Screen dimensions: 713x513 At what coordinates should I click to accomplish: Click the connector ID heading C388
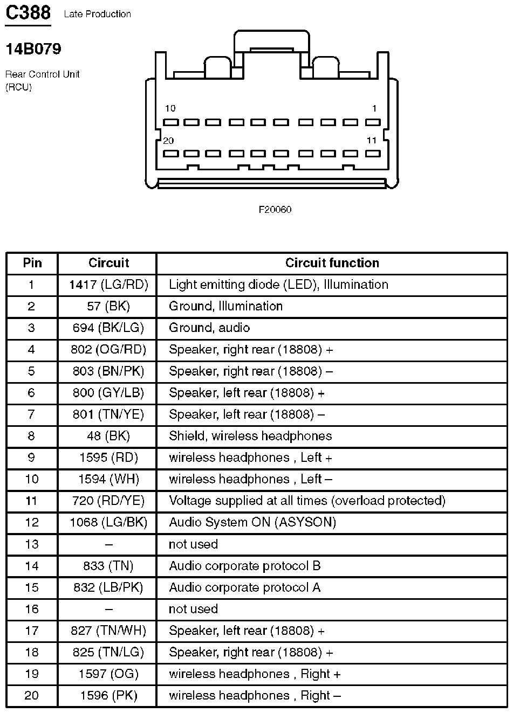pyautogui.click(x=28, y=12)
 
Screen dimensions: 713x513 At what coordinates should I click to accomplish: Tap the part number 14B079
pyautogui.click(x=33, y=49)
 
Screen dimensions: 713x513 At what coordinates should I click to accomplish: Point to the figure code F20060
pyautogui.click(x=275, y=209)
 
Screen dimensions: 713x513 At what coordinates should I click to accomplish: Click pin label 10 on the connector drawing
pyautogui.click(x=170, y=108)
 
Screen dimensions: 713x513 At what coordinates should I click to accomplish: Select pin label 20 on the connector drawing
pyautogui.click(x=168, y=141)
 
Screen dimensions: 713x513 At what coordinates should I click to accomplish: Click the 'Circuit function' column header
pyautogui.click(x=332, y=263)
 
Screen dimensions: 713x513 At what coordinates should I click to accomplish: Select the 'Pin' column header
pyautogui.click(x=32, y=263)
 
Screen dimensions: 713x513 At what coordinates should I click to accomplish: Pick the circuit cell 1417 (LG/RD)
pyautogui.click(x=108, y=285)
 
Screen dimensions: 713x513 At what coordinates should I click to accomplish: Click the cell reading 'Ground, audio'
pyautogui.click(x=209, y=328)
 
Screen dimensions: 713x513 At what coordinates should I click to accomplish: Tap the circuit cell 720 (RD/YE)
pyautogui.click(x=108, y=501)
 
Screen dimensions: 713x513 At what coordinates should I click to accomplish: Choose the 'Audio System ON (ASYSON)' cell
pyautogui.click(x=252, y=522)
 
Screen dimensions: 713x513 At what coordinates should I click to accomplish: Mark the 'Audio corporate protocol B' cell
pyautogui.click(x=245, y=566)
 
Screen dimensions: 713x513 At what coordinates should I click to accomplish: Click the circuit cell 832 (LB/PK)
pyautogui.click(x=108, y=587)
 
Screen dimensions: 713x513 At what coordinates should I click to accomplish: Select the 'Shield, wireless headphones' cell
pyautogui.click(x=250, y=436)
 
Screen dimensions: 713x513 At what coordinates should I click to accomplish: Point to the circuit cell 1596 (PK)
pyautogui.click(x=108, y=695)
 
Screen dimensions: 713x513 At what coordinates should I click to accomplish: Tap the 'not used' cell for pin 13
pyautogui.click(x=193, y=544)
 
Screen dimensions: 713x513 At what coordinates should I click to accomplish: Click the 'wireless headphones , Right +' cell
pyautogui.click(x=255, y=674)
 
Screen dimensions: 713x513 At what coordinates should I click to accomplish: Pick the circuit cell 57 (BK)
pyautogui.click(x=108, y=306)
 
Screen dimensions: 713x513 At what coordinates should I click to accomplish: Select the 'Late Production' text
pyautogui.click(x=97, y=14)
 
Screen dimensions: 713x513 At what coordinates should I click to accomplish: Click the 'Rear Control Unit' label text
pyautogui.click(x=42, y=74)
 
